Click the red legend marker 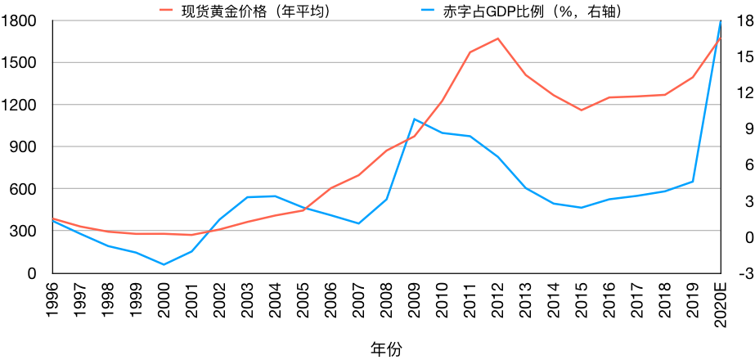[x=166, y=10]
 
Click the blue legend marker [x=427, y=10]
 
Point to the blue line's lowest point [x=164, y=264]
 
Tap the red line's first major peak [x=497, y=38]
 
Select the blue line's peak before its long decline [x=415, y=119]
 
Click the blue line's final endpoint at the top [x=720, y=21]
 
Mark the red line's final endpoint [x=720, y=38]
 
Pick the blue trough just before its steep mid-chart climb [x=358, y=223]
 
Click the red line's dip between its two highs [x=582, y=110]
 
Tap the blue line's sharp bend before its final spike [x=693, y=181]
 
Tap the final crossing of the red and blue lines [x=717, y=43]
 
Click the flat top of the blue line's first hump [x=262, y=196]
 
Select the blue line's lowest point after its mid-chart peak [x=582, y=208]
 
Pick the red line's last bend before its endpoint [x=693, y=77]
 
